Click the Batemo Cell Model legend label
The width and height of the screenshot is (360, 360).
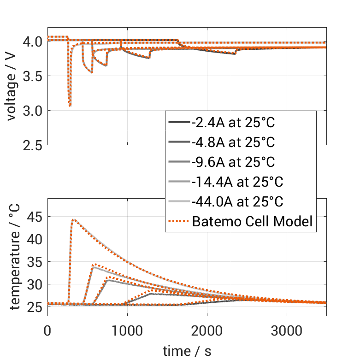[252, 222]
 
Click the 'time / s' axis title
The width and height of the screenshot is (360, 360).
[187, 351]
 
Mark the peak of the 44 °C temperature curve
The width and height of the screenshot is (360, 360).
[73, 219]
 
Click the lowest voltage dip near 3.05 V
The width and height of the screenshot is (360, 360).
[70, 106]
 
